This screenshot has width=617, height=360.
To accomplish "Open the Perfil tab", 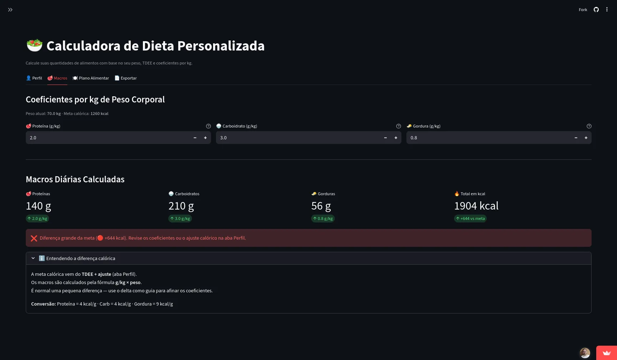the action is (x=34, y=78).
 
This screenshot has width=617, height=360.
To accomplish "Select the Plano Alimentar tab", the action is (x=91, y=78).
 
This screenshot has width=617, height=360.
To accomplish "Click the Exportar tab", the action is (x=126, y=78).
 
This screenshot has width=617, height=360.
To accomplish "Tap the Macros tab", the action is (x=57, y=78).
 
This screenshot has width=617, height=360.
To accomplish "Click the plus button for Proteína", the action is (x=206, y=138).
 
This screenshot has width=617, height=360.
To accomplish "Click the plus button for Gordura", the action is (x=586, y=138).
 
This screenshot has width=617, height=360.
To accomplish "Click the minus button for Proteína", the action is (x=195, y=138).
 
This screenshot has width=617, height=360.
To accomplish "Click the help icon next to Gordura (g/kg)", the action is (x=589, y=126).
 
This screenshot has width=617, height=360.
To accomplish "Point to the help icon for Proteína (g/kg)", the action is (x=208, y=126).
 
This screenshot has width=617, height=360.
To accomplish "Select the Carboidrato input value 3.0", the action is (x=223, y=138).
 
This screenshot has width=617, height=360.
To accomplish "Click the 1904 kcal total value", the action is (x=476, y=206).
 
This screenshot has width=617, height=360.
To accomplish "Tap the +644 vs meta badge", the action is (x=470, y=219).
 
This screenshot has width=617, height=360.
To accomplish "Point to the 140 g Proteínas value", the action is (x=38, y=206).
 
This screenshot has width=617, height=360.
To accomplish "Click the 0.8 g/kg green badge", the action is (x=323, y=219).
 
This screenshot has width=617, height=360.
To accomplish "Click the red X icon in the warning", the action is (x=34, y=238).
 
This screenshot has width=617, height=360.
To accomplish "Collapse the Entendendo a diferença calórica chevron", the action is (x=33, y=258).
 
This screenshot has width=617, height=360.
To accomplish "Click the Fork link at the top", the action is (x=583, y=10).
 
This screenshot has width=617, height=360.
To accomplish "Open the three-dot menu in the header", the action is (x=607, y=10).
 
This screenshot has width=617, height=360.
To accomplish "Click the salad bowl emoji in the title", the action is (x=34, y=45).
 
